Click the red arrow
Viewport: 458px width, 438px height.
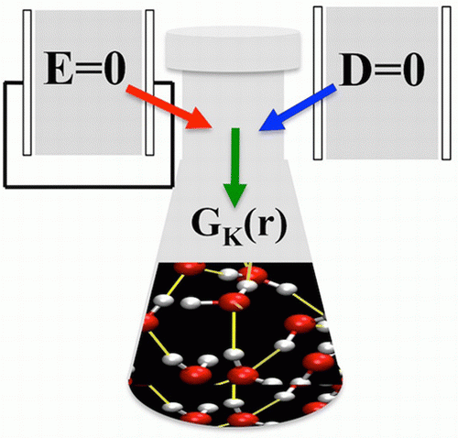[x=169, y=107]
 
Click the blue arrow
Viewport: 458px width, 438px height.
[x=298, y=107]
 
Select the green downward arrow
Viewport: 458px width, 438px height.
[x=235, y=168]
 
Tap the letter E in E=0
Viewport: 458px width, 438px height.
[x=59, y=69]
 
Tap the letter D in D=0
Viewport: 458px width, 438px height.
[x=354, y=70]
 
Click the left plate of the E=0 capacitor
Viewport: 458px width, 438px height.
[x=27, y=82]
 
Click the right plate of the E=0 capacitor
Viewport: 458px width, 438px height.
[x=149, y=82]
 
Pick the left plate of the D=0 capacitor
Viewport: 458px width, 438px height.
[x=318, y=83]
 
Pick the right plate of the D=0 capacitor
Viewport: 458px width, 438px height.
[x=446, y=83]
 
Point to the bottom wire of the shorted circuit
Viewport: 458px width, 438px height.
[x=89, y=186]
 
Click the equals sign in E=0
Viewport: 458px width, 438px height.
[x=86, y=70]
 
